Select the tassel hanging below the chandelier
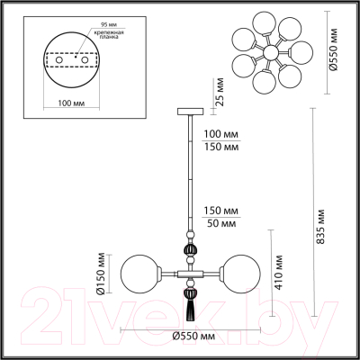[190, 310]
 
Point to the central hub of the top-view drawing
[270, 54]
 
